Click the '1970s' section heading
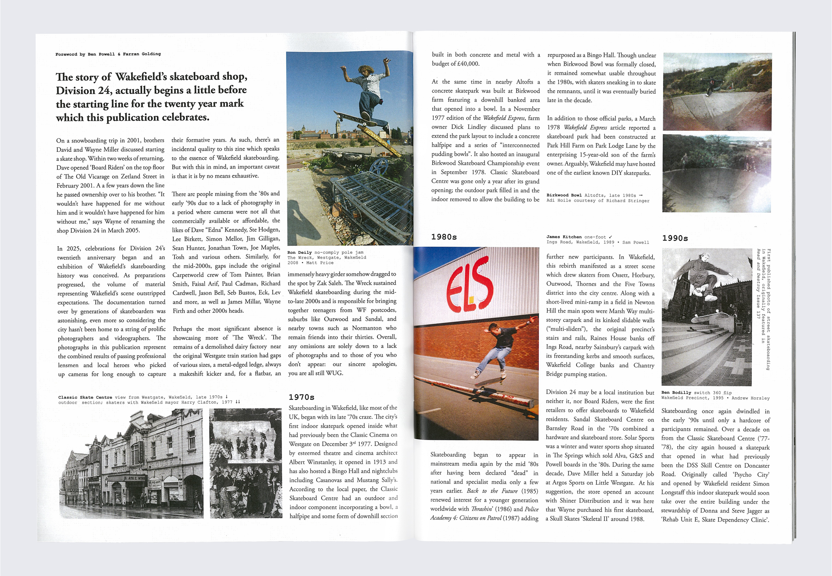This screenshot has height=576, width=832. tap(302, 397)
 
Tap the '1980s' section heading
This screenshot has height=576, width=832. tap(444, 237)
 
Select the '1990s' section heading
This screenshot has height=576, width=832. tap(675, 238)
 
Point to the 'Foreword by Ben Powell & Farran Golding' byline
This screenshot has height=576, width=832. tap(108, 54)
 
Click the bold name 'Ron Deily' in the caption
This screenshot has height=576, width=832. tap(299, 252)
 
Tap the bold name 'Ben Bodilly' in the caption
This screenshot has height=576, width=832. tap(676, 393)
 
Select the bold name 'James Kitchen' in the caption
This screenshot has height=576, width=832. tap(564, 237)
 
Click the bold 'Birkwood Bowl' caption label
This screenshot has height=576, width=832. tap(564, 195)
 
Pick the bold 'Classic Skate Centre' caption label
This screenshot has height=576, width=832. tap(85, 397)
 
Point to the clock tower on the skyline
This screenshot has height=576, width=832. tap(338, 125)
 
